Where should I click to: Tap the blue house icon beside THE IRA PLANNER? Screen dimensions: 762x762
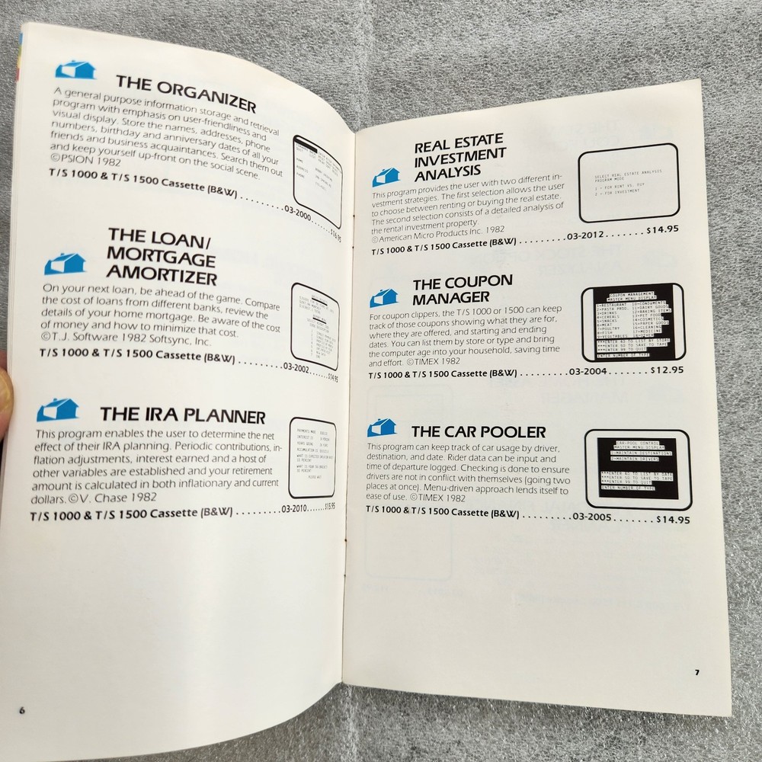[x=57, y=411]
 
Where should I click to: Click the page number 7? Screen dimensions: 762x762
[x=696, y=672]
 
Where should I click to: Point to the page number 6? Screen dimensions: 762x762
[x=23, y=709]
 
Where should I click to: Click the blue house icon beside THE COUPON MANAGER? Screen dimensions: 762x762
[x=384, y=298]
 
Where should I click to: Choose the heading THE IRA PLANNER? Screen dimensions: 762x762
[x=183, y=416]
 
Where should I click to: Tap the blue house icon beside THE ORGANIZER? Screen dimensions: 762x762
[x=74, y=70]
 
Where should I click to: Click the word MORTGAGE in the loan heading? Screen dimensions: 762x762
[x=162, y=255]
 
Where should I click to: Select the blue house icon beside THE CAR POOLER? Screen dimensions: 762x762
[x=381, y=428]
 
